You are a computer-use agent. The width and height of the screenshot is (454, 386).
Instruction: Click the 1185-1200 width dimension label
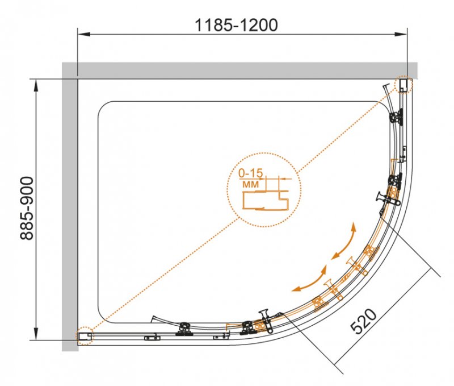(236, 25)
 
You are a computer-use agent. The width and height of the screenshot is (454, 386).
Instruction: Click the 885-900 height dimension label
(27, 208)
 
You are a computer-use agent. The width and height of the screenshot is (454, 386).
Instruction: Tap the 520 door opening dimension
(364, 321)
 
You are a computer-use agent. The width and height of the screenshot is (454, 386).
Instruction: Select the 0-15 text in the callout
(251, 173)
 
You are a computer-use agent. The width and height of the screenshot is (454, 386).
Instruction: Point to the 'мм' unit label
(250, 184)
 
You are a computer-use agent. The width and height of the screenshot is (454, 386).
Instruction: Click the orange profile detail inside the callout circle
(265, 200)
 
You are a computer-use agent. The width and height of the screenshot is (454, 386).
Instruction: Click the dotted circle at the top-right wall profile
(403, 84)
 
